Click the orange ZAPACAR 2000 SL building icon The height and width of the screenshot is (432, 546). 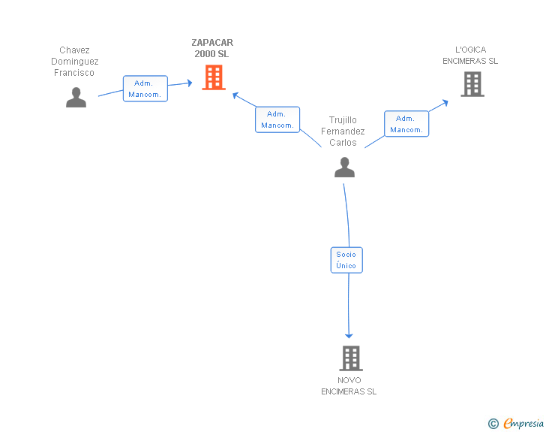point(214,77)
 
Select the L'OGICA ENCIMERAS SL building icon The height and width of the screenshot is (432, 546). point(472,84)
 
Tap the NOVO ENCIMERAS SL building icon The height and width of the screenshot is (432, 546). point(350,358)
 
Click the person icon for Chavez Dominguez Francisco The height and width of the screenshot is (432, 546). point(76,98)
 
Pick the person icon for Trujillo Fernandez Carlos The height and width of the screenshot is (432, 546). point(344,167)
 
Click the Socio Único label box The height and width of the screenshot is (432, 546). point(346,260)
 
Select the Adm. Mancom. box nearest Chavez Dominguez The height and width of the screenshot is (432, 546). point(145,89)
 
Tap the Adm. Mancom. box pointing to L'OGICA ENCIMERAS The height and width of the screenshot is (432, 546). point(406,124)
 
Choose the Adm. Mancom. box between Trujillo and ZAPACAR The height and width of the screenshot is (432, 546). point(277,119)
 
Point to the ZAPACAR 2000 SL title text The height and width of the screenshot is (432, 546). point(212,48)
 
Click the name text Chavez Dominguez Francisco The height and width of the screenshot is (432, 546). point(75,62)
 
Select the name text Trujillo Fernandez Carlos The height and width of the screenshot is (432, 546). point(343,131)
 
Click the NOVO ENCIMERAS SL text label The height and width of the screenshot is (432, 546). point(349,385)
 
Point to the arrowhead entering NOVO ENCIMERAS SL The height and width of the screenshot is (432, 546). point(349,335)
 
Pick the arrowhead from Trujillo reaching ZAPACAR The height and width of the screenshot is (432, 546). point(235,95)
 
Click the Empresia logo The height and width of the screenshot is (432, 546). point(523,423)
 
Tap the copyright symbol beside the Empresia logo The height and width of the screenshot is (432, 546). point(493,424)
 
